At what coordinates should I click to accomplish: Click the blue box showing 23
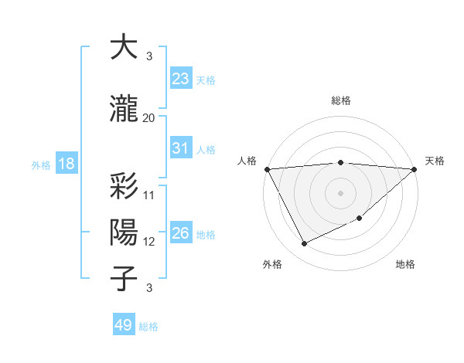[180, 79]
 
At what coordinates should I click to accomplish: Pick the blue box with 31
[180, 148]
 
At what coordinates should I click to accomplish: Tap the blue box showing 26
[180, 233]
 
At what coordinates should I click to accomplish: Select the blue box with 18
[66, 164]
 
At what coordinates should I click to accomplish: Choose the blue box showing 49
[124, 325]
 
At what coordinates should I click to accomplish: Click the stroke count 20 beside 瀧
[148, 118]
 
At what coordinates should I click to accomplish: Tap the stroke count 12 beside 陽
[149, 242]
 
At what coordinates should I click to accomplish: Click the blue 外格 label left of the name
[41, 165]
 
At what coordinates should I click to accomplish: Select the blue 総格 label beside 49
[148, 327]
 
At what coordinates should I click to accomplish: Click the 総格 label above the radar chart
[340, 100]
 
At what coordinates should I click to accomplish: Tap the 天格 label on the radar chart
[435, 161]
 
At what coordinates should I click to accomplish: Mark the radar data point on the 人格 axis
[267, 169]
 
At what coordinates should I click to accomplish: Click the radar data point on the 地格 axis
[360, 218]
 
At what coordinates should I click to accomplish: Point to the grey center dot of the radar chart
[340, 192]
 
